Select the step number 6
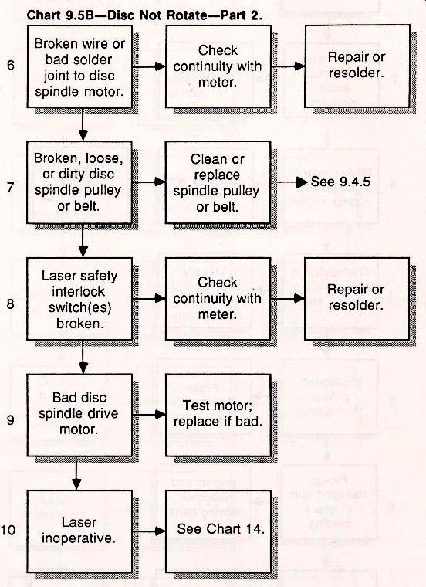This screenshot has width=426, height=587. coord(11,65)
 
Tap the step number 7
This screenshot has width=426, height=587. coord(11,187)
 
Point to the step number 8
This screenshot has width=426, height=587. coord(11,304)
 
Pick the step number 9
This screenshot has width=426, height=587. coord(11,419)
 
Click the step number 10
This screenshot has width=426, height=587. coord(8,530)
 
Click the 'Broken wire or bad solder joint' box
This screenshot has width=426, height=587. coord(79,66)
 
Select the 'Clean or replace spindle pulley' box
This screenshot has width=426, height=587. coord(218,182)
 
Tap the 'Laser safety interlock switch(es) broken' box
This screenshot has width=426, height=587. coord(79,299)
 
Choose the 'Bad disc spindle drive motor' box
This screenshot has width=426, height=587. coord(79,415)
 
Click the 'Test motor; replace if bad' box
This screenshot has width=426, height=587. coord(218,415)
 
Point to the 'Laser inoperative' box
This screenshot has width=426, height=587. coord(79,531)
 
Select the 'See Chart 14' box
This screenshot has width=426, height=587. coord(218,531)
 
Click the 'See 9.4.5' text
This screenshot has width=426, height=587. coord(341,182)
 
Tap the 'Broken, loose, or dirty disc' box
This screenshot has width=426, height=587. coord(79,182)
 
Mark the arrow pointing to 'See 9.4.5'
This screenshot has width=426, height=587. coord(292,182)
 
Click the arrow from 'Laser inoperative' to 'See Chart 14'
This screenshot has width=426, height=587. coord(149,531)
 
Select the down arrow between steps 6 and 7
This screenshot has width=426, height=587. coord(83,124)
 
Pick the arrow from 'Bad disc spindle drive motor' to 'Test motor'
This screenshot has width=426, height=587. coord(149,415)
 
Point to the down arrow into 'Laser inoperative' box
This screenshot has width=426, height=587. coord(76,473)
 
